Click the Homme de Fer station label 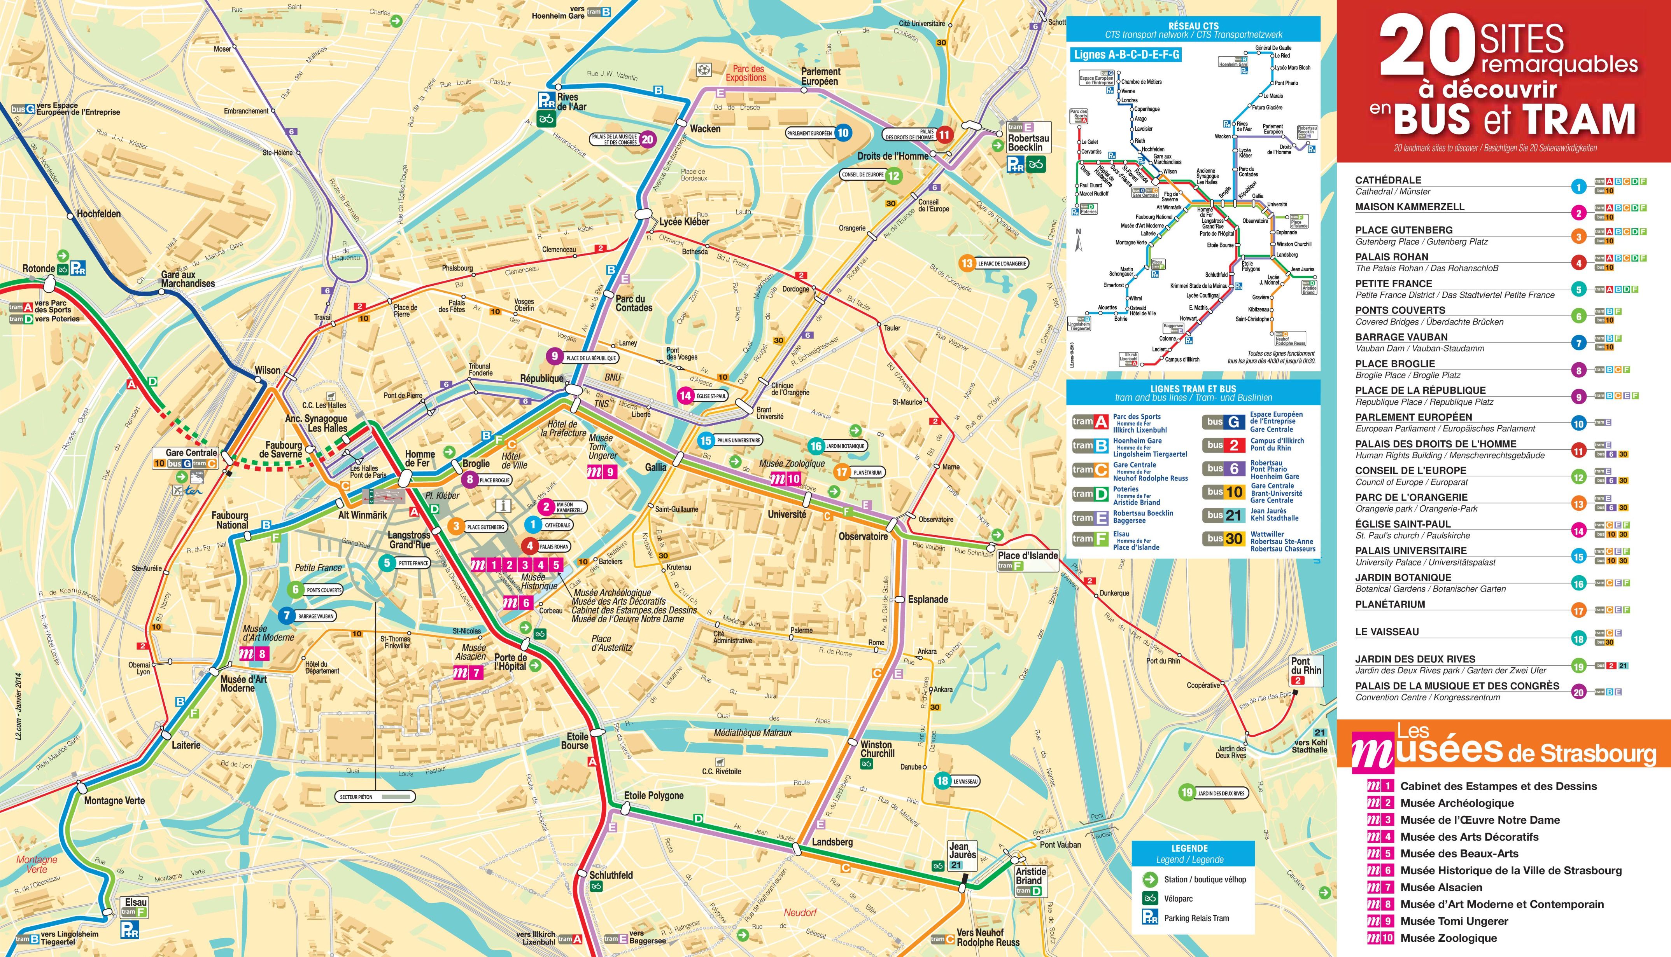[420, 458]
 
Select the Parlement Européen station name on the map [820, 76]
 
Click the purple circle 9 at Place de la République [554, 356]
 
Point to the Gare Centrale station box [191, 453]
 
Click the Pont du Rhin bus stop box [1305, 671]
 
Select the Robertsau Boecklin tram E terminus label [1028, 143]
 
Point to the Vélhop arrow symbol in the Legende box [1149, 879]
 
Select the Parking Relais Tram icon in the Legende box [1149, 918]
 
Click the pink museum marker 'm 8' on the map [254, 653]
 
